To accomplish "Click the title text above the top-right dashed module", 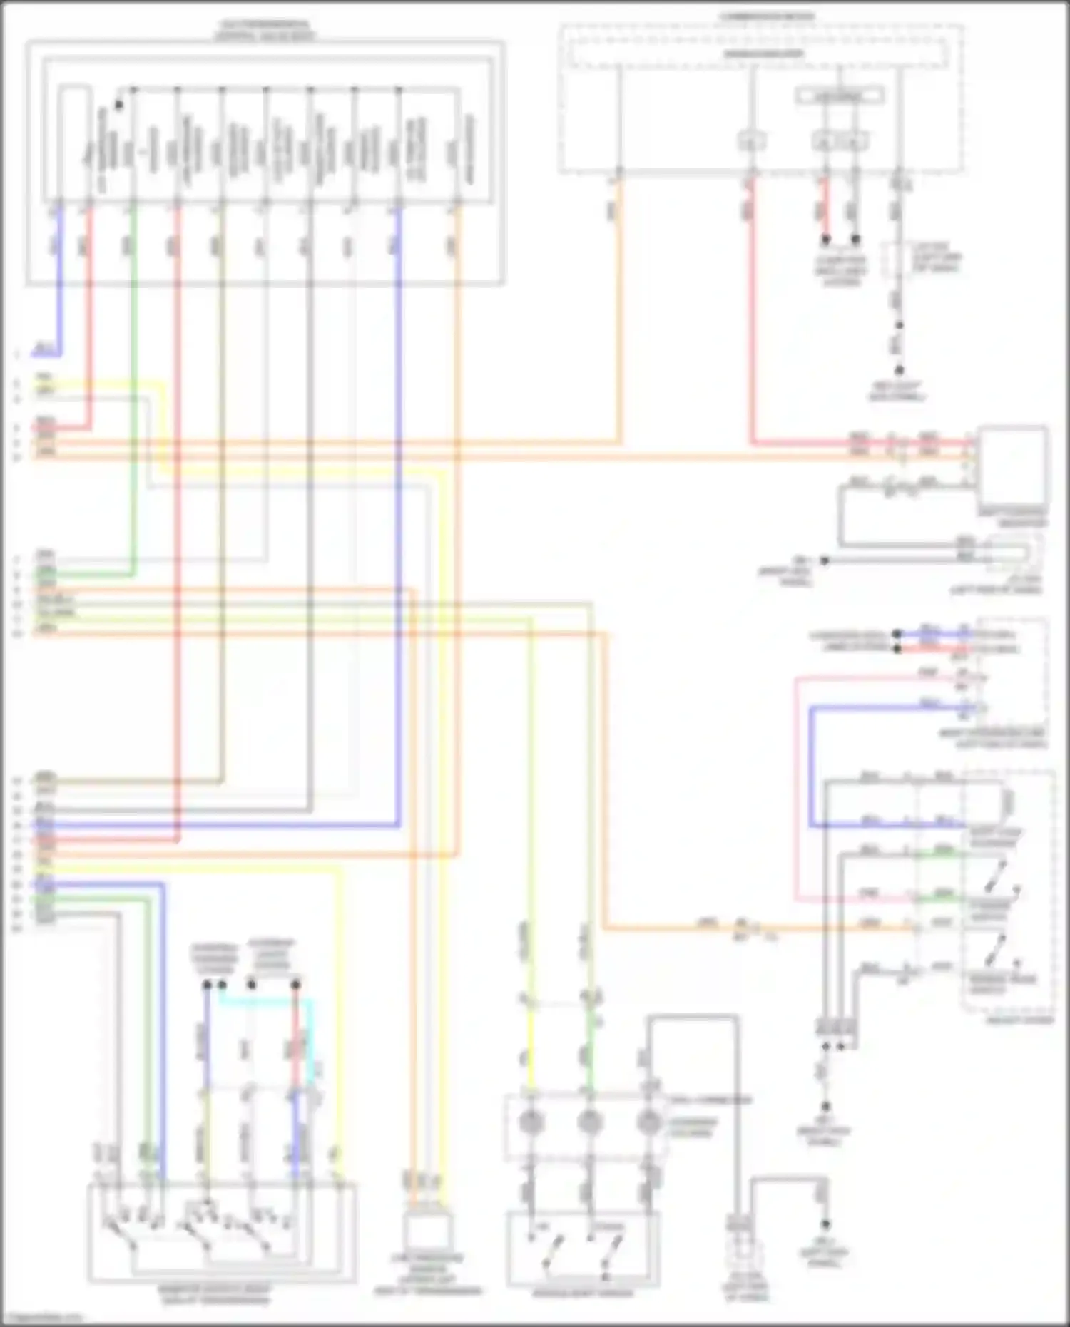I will click(767, 16).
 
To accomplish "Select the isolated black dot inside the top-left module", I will click(119, 105).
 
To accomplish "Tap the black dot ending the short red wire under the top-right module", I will click(825, 240).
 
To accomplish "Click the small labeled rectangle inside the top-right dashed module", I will click(840, 95).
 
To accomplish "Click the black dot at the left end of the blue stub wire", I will click(897, 634).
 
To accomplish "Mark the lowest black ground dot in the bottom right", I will click(825, 1224).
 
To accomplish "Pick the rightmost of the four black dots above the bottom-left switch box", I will click(296, 985).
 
